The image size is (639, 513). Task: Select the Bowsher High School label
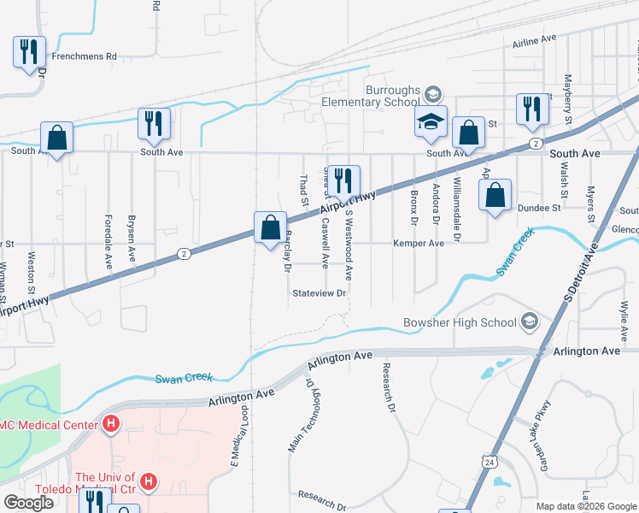click(x=460, y=322)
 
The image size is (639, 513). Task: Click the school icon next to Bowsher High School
click(x=530, y=321)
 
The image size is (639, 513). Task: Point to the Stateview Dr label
click(x=319, y=293)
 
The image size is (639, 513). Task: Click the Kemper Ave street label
click(x=419, y=244)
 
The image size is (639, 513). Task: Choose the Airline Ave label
click(x=534, y=40)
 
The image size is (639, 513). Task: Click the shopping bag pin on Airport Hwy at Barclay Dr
click(x=270, y=228)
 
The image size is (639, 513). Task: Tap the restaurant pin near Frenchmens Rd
click(x=29, y=51)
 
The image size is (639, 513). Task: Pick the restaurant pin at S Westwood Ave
click(x=343, y=180)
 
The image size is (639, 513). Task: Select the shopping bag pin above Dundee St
click(x=495, y=195)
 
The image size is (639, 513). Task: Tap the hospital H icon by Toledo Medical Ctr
click(x=149, y=483)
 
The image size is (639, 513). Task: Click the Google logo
click(x=29, y=503)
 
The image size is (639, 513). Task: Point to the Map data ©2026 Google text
click(x=586, y=506)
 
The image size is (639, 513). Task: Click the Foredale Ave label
click(x=108, y=241)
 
